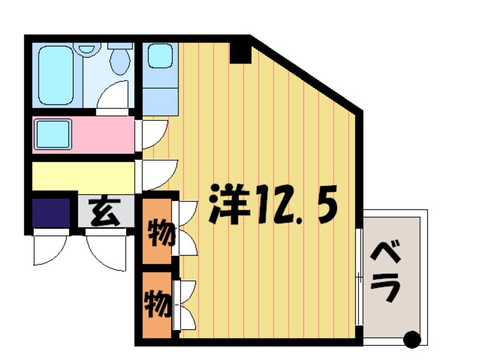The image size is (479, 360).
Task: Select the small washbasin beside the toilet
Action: pyautogui.click(x=87, y=48)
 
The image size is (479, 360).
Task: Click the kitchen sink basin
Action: pyautogui.click(x=160, y=55)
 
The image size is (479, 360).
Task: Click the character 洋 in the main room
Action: pyautogui.click(x=229, y=203)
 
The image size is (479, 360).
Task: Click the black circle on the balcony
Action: pyautogui.click(x=413, y=340)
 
